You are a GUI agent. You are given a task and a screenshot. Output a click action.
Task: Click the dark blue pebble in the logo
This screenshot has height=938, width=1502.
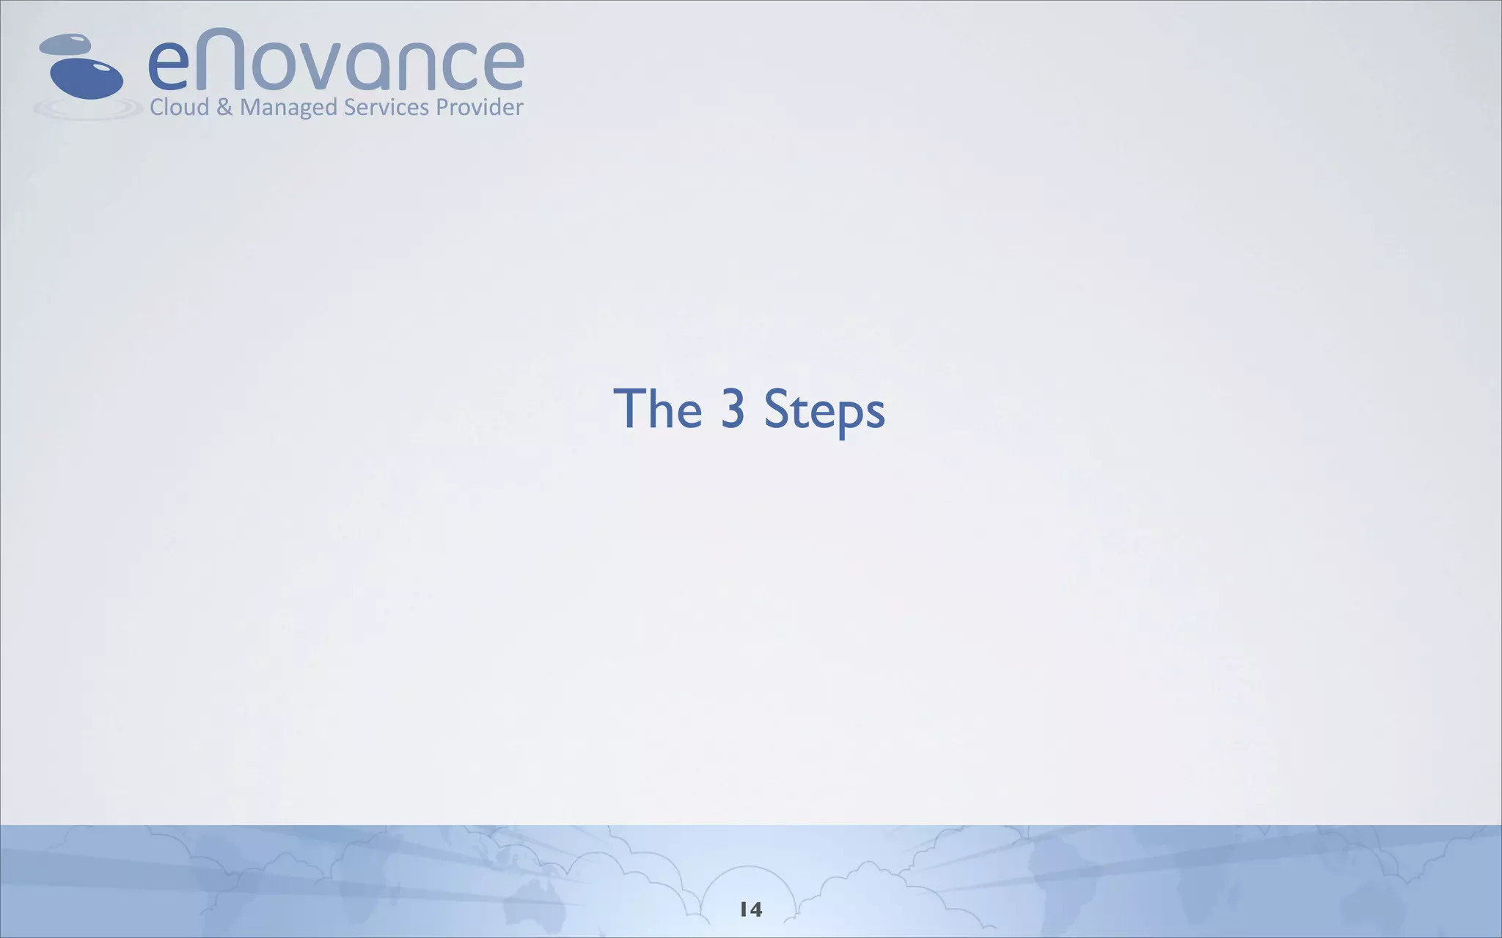[x=86, y=78]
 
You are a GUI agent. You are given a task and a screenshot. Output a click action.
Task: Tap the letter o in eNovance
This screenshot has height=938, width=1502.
[x=276, y=66]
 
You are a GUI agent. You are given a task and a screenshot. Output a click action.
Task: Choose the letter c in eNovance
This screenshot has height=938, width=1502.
[x=467, y=66]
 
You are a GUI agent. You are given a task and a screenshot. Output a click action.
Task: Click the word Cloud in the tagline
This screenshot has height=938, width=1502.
[x=180, y=108]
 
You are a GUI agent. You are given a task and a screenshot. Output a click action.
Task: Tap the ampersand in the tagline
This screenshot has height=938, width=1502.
[x=225, y=108]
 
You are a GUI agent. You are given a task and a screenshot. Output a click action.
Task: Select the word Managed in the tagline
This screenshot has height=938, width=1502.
[x=288, y=108]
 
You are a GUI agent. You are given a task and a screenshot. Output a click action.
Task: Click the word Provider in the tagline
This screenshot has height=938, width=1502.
[x=480, y=108]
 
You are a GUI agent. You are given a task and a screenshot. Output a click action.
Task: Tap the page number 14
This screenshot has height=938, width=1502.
[x=751, y=909]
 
